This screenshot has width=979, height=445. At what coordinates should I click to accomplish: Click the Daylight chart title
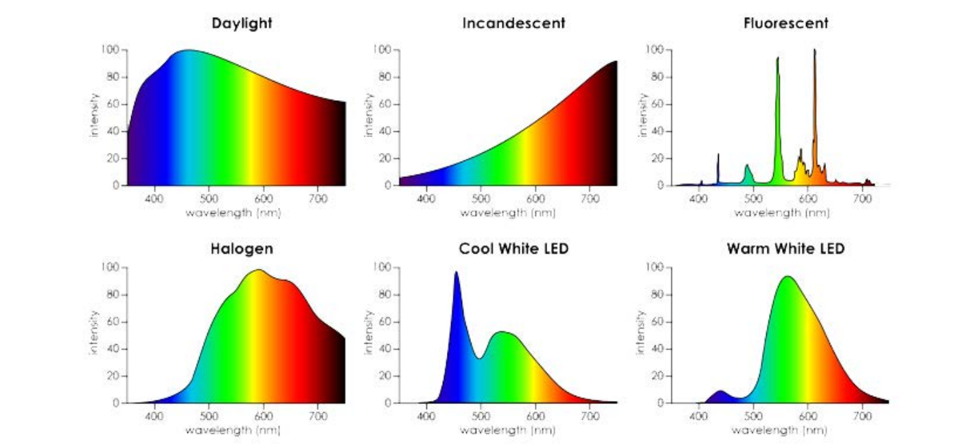tap(241, 23)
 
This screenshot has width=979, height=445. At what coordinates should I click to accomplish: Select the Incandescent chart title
tap(514, 23)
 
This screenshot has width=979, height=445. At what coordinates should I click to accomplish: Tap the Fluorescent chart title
tap(785, 23)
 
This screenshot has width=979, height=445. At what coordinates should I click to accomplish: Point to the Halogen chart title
tap(241, 249)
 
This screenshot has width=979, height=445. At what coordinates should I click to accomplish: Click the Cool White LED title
tap(514, 249)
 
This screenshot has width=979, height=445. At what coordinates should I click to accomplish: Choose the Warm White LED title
tap(785, 249)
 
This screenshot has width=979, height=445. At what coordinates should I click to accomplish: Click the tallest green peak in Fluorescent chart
tap(778, 62)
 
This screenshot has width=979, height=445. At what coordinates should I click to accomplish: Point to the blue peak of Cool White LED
tap(456, 274)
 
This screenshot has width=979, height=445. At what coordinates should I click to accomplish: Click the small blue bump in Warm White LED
tap(719, 393)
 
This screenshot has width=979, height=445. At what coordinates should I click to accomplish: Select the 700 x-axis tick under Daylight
tap(319, 199)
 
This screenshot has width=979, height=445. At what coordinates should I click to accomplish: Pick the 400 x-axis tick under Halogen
tap(154, 416)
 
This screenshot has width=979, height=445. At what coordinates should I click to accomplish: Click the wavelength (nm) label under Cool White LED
tap(507, 431)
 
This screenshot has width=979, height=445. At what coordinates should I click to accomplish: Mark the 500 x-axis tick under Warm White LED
tap(754, 416)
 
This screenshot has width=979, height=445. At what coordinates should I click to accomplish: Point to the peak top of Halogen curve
tap(258, 271)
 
